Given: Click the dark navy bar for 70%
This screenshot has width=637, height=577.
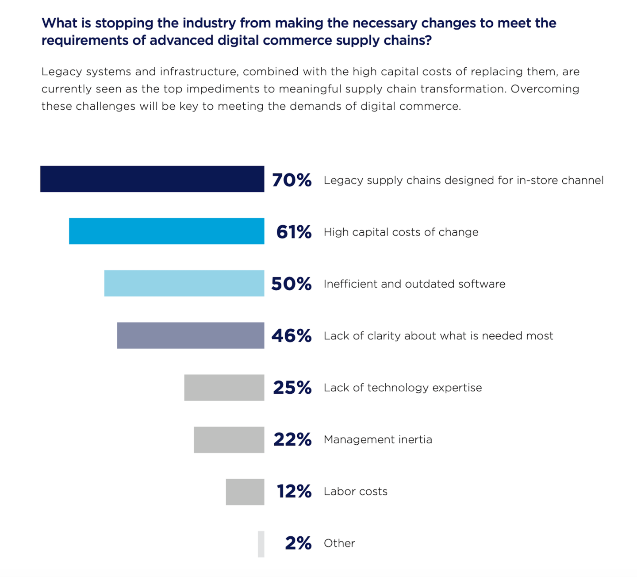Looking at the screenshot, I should click(x=152, y=179).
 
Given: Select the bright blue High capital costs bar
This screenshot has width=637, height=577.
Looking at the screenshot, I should click(x=166, y=231).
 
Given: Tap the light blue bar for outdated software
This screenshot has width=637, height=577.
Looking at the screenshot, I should click(x=184, y=283).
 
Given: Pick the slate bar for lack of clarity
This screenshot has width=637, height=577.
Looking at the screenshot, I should click(x=191, y=335).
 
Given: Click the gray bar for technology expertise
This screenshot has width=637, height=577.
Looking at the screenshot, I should click(x=224, y=388).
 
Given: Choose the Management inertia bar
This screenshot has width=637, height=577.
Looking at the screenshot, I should click(x=229, y=440).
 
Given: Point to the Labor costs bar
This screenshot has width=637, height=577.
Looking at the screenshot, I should click(x=245, y=492).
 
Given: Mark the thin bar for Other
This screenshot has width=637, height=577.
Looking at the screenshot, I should click(x=261, y=544).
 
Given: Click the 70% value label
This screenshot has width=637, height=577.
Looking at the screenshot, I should click(x=292, y=180).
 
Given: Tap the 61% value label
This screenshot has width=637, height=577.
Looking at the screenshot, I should click(x=294, y=232).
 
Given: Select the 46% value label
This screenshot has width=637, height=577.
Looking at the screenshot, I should click(x=292, y=336).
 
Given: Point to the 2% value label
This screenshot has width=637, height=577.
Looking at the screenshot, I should click(x=298, y=543).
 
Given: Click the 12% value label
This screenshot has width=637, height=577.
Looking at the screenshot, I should click(x=294, y=491).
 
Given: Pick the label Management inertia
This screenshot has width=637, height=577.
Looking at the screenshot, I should click(x=378, y=439).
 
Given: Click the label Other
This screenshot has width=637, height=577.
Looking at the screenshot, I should click(x=339, y=543).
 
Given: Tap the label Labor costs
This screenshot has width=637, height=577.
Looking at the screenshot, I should click(x=356, y=491).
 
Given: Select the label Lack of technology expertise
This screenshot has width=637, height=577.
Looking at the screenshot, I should click(x=403, y=388).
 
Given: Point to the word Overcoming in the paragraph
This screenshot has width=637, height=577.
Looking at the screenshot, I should click(x=545, y=89).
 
